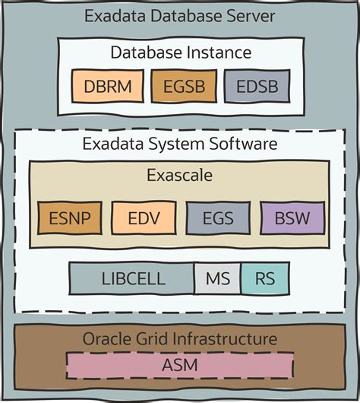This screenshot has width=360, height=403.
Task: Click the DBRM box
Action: [106, 87]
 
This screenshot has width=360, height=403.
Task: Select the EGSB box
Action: [184, 87]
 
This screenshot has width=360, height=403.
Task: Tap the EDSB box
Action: [257, 87]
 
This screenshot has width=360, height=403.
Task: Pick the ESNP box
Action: [69, 219]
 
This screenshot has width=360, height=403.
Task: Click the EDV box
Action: [144, 219]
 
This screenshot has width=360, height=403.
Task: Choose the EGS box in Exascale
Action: [218, 219]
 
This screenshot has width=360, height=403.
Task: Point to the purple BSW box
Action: [292, 219]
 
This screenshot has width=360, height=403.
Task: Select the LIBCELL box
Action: [132, 278]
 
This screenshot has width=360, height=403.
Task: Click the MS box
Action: [217, 278]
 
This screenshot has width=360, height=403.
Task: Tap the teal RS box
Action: [264, 278]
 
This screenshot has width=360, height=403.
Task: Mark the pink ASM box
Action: [180, 365]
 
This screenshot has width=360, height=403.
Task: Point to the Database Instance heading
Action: [180, 52]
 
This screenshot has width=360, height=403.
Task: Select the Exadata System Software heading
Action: [180, 143]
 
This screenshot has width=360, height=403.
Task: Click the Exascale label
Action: [180, 176]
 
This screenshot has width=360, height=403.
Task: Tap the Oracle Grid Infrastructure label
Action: [180, 338]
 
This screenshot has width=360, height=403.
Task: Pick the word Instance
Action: [220, 52]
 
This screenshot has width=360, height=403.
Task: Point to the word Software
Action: [245, 143]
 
